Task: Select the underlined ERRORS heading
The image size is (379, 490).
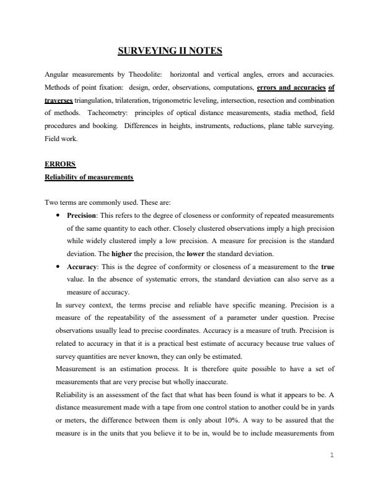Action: coord(60,165)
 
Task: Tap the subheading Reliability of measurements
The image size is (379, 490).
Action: coord(89,177)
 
